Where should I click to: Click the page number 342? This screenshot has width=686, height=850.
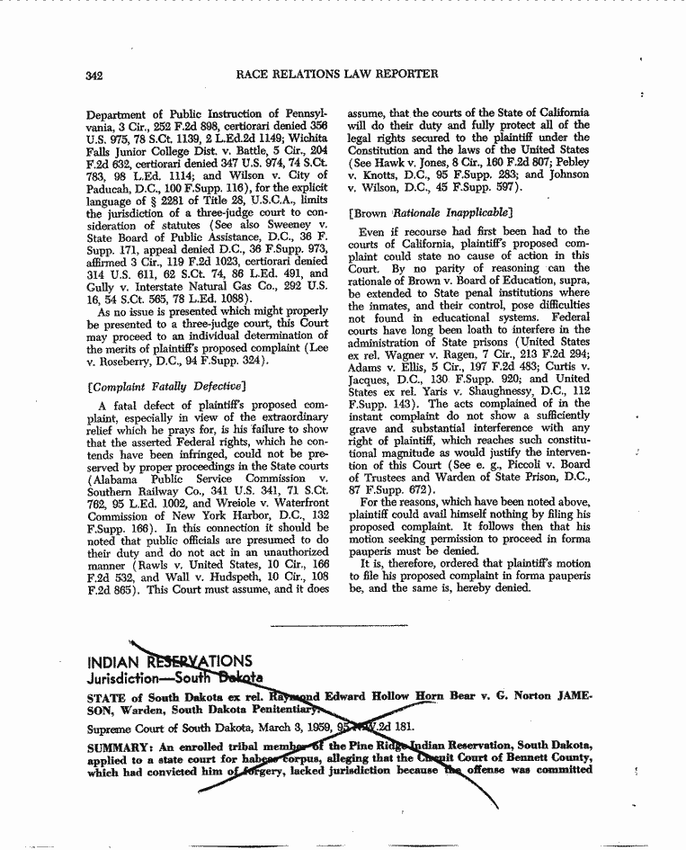(x=93, y=75)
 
